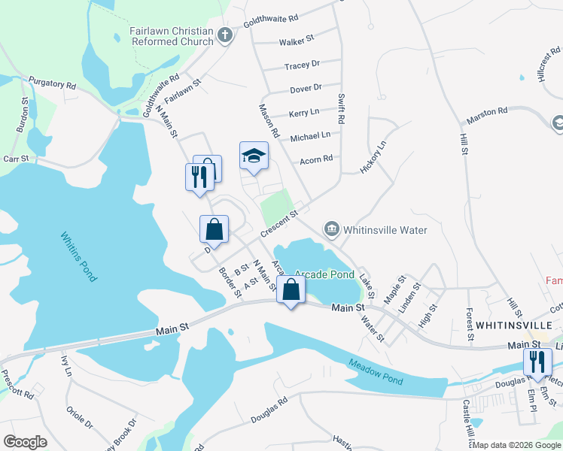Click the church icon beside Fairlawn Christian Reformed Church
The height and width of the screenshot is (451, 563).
pyautogui.click(x=225, y=35)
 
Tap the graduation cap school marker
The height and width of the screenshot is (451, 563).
pyautogui.click(x=254, y=156)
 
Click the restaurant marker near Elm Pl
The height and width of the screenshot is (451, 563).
pyautogui.click(x=537, y=362)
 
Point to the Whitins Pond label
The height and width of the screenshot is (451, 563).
pyautogui.click(x=79, y=256)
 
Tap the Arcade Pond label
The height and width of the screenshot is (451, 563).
pyautogui.click(x=324, y=274)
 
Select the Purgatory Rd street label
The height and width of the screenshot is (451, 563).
pyautogui.click(x=53, y=83)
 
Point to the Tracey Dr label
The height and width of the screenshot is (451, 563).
pyautogui.click(x=302, y=65)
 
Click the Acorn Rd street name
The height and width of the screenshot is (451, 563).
pyautogui.click(x=316, y=159)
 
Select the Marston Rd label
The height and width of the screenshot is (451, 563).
pyautogui.click(x=487, y=112)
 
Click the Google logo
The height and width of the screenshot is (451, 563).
pyautogui.click(x=25, y=442)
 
